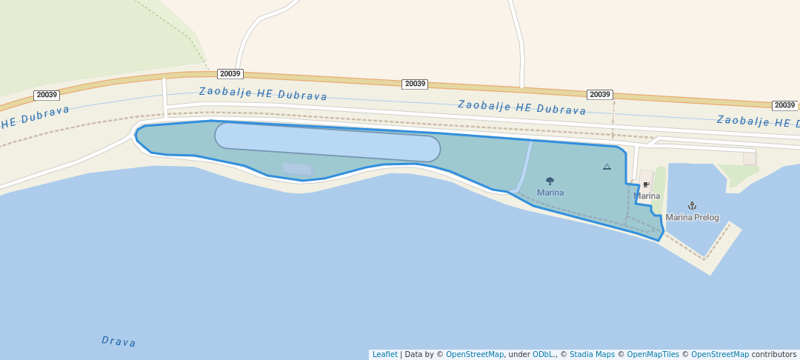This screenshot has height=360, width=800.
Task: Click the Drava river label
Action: click(119, 341)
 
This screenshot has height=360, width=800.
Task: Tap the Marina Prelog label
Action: click(692, 218)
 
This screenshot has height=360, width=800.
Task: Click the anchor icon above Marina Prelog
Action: click(692, 205)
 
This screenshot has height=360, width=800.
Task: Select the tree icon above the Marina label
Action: click(550, 181)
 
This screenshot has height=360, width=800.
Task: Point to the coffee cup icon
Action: click(646, 185)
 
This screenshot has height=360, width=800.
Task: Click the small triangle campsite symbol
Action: click(607, 167)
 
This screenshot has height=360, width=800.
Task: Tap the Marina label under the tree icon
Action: click(550, 193)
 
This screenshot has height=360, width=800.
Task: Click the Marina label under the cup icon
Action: click(647, 196)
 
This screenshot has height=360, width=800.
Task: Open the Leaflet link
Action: click(384, 355)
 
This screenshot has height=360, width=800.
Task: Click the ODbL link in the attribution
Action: click(542, 355)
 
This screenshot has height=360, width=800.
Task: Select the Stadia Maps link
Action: click(592, 355)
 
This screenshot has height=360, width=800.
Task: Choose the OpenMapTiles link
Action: click(653, 355)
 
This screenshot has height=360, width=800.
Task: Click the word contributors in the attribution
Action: click(773, 355)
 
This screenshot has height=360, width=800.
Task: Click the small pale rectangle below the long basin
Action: click(297, 169)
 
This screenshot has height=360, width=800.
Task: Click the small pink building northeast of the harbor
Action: click(750, 159)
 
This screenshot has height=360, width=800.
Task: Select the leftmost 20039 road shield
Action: click(47, 95)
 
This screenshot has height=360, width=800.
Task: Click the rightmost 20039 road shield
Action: click(784, 106)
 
